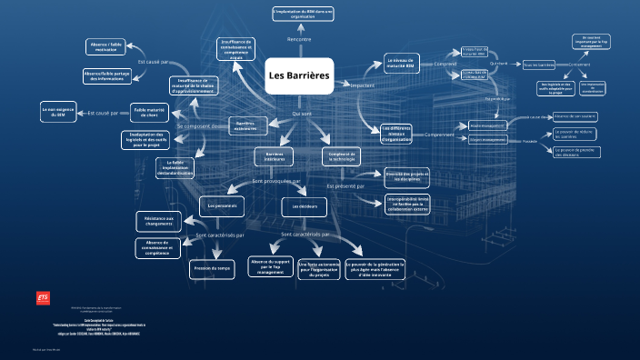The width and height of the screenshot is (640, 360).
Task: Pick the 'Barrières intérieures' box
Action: click(274, 157)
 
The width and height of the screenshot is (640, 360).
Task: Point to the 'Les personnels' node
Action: click(222, 206)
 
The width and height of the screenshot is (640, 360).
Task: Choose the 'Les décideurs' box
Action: click(303, 207)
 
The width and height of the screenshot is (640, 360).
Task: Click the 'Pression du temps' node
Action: click(212, 269)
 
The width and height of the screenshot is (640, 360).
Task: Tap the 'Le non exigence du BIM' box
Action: click(58, 113)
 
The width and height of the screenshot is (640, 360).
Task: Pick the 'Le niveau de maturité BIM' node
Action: click(401, 64)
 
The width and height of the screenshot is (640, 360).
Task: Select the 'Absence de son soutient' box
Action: click(574, 116)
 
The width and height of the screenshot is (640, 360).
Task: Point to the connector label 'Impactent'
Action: click(362, 85)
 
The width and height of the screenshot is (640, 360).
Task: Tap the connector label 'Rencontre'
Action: click(299, 39)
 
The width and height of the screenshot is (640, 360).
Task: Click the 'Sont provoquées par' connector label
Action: click(276, 182)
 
